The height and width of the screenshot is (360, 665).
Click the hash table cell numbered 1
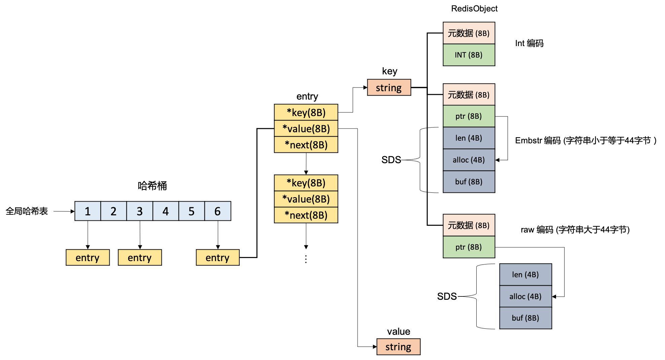(x=87, y=211)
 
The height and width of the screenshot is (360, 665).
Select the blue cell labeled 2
(x=114, y=211)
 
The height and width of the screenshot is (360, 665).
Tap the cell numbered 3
(x=140, y=211)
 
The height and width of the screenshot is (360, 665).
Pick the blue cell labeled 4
(x=165, y=211)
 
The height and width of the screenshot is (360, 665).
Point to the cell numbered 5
(x=191, y=211)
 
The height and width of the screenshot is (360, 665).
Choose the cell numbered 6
(x=218, y=211)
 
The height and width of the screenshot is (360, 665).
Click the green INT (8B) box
(x=469, y=55)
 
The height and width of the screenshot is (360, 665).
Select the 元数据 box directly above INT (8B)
(x=469, y=33)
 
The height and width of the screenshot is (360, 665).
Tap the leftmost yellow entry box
(x=87, y=257)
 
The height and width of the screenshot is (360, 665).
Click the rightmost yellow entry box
(x=218, y=257)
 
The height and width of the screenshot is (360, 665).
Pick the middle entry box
(x=140, y=257)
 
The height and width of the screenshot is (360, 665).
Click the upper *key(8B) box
(x=306, y=112)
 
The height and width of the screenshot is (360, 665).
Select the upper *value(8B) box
(x=306, y=129)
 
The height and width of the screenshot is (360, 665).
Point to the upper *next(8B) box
(x=306, y=145)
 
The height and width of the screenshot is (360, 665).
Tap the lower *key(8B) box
(x=306, y=183)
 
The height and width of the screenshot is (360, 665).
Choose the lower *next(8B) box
(x=306, y=215)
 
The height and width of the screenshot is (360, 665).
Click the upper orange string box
(x=389, y=87)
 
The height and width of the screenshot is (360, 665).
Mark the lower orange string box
(x=398, y=347)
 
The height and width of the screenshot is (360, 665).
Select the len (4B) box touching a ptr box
(x=469, y=138)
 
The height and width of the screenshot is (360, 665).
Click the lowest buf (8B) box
(x=525, y=318)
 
